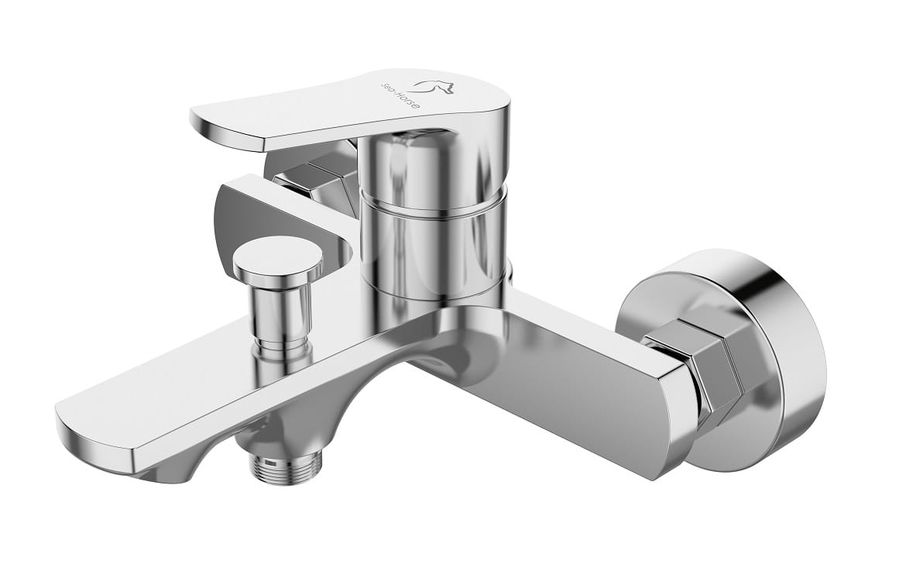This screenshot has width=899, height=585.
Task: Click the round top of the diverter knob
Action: click(x=278, y=257)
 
